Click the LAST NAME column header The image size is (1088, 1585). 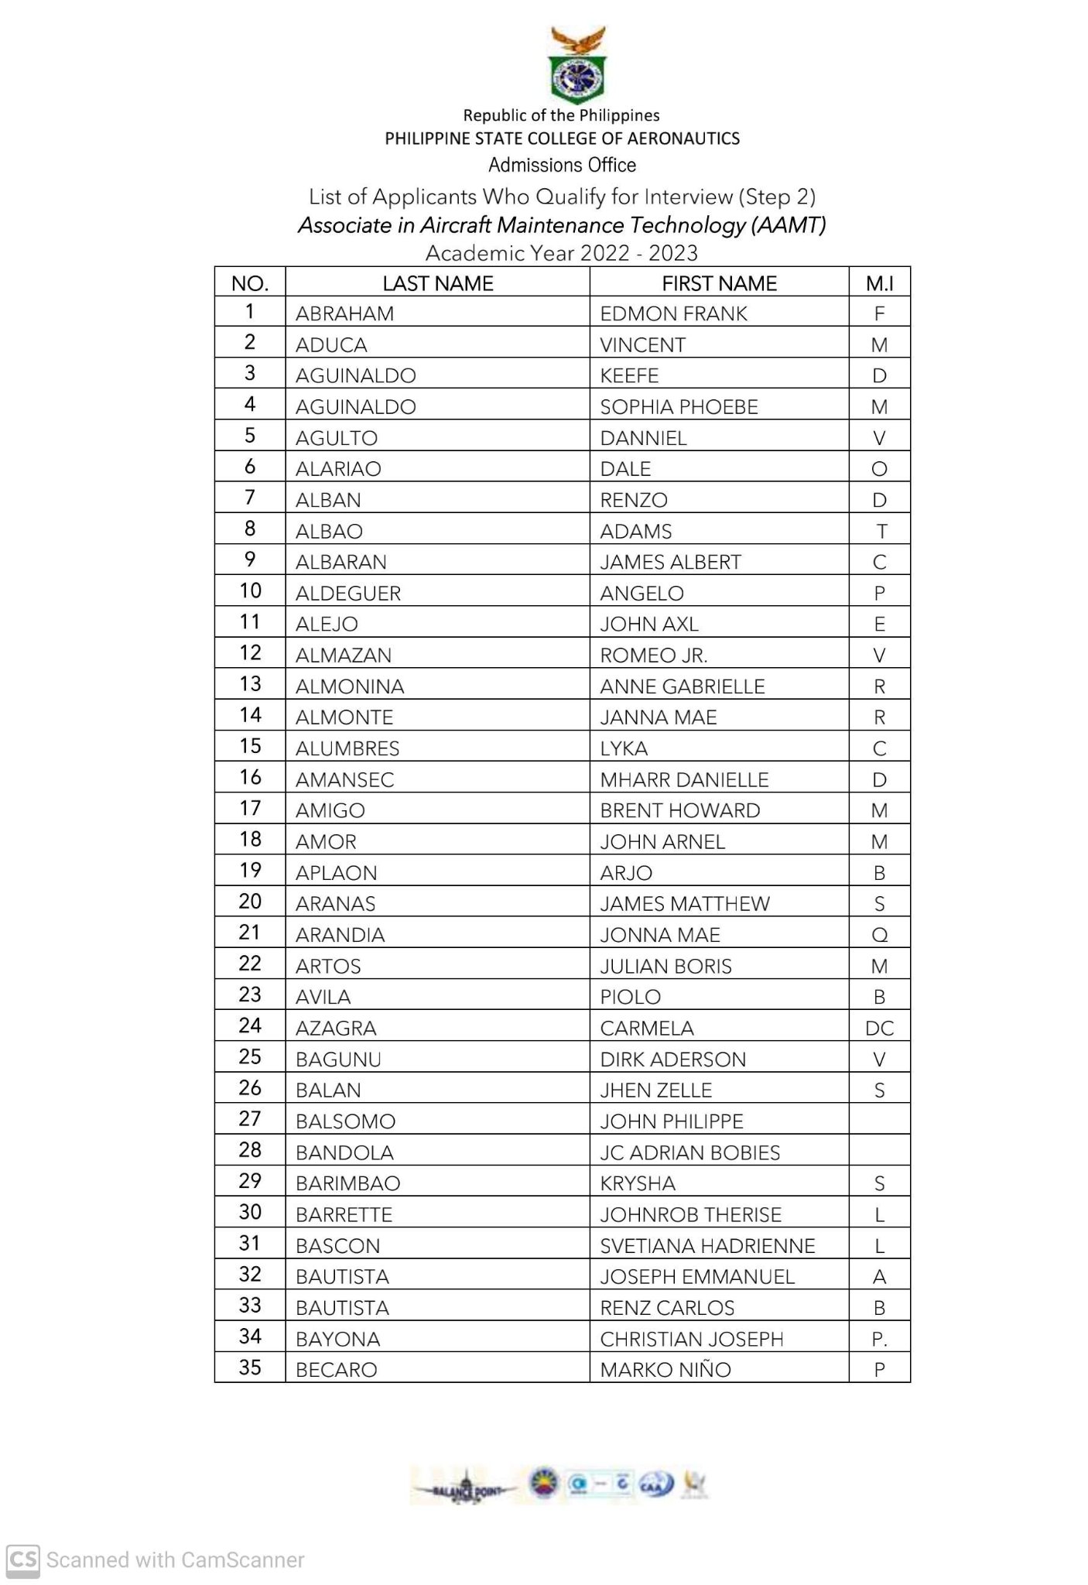tap(437, 283)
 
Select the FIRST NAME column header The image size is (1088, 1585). tap(719, 283)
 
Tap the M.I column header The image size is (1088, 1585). tap(879, 283)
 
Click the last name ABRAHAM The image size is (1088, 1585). tap(344, 313)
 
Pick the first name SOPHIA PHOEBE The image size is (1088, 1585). tap(679, 407)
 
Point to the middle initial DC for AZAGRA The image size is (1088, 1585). tap(879, 1029)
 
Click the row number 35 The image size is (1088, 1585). tap(250, 1368)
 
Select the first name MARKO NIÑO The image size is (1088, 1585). tap(665, 1370)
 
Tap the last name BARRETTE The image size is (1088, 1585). tap(344, 1215)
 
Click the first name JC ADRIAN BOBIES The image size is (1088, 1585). tap(689, 1153)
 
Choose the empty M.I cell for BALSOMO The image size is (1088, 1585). tap(879, 1120)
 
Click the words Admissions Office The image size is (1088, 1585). tap(562, 165)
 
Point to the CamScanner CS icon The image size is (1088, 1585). tap(22, 1559)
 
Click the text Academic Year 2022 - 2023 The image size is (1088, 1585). tap(562, 253)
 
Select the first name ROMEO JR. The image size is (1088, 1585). tap(653, 656)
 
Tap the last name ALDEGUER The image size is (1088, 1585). tap(348, 594)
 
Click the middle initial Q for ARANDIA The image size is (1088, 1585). tap(879, 935)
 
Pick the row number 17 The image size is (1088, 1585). tap(250, 808)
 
